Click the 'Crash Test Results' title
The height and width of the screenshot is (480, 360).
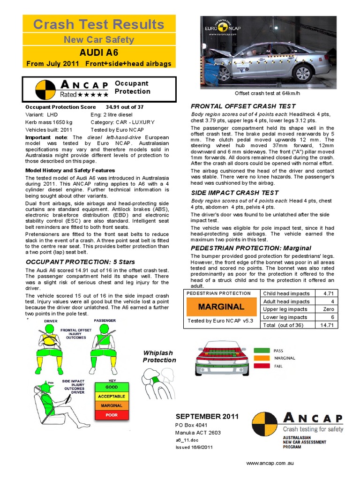99,24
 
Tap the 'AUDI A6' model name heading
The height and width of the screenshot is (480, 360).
99,52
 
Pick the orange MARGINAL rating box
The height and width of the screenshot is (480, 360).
221,307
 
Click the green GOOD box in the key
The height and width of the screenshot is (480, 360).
111,387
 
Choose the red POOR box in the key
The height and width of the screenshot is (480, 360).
111,415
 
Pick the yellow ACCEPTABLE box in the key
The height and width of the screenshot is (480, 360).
111,396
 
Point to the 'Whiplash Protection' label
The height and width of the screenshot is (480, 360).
159,356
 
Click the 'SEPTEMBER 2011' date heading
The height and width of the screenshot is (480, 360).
207,416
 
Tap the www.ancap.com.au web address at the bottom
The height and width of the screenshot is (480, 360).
270,463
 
